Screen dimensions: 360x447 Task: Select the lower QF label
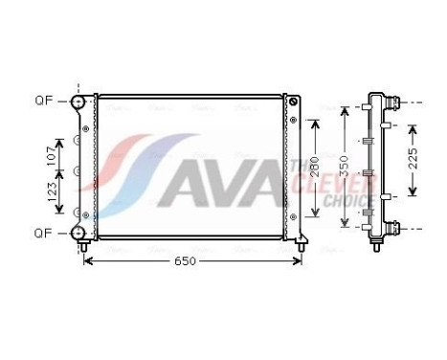(44, 233)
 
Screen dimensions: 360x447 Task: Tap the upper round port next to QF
(78, 101)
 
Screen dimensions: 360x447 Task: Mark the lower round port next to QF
(78, 233)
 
